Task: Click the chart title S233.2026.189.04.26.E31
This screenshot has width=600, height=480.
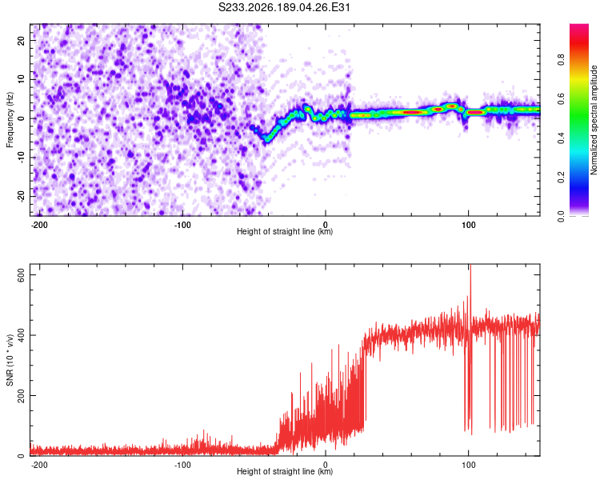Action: pyautogui.click(x=284, y=7)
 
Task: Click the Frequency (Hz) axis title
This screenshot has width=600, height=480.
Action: pyautogui.click(x=10, y=120)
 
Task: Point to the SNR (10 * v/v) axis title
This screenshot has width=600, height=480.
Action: pyautogui.click(x=10, y=360)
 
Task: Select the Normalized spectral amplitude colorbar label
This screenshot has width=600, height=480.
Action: pyautogui.click(x=594, y=120)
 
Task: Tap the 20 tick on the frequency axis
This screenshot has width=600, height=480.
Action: pyautogui.click(x=21, y=40)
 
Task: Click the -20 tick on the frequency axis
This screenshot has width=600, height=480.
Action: pyautogui.click(x=21, y=196)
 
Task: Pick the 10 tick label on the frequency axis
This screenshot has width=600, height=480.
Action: pyautogui.click(x=21, y=79)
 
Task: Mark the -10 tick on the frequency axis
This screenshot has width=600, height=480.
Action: pyautogui.click(x=21, y=158)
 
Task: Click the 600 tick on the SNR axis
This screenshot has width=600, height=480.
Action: pyautogui.click(x=21, y=275)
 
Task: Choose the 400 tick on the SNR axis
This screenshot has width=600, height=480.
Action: pyautogui.click(x=21, y=335)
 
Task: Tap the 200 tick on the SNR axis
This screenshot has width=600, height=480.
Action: pyautogui.click(x=21, y=395)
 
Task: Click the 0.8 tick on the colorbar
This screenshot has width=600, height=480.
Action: pyautogui.click(x=561, y=60)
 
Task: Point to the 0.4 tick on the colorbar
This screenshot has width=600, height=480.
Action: pyautogui.click(x=561, y=138)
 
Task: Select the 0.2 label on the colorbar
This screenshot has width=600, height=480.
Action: pyautogui.click(x=561, y=178)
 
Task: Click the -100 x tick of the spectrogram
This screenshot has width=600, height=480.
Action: pyautogui.click(x=182, y=225)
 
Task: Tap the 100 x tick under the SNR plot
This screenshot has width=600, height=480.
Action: pyautogui.click(x=468, y=465)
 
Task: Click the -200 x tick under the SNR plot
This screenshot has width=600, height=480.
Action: pyautogui.click(x=39, y=465)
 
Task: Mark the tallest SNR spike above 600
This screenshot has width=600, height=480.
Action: pyautogui.click(x=470, y=266)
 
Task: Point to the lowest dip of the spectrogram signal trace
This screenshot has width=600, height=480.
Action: pyautogui.click(x=266, y=140)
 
